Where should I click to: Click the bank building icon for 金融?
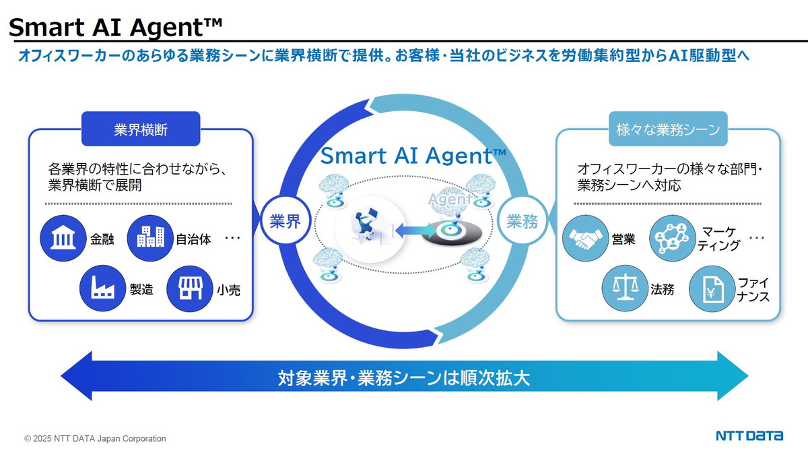(62, 238)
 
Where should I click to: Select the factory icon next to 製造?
(102, 289)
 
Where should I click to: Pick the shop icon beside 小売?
(189, 289)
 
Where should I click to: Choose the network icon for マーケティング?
(672, 238)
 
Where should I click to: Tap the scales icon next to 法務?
(624, 289)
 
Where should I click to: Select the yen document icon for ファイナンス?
(711, 289)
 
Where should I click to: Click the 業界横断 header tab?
(141, 129)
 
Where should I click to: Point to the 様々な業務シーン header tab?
(668, 129)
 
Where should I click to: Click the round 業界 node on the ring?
(285, 221)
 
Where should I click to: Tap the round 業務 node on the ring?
(523, 221)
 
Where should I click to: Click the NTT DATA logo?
(749, 435)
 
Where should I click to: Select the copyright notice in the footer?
(95, 439)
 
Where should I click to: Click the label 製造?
(141, 290)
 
